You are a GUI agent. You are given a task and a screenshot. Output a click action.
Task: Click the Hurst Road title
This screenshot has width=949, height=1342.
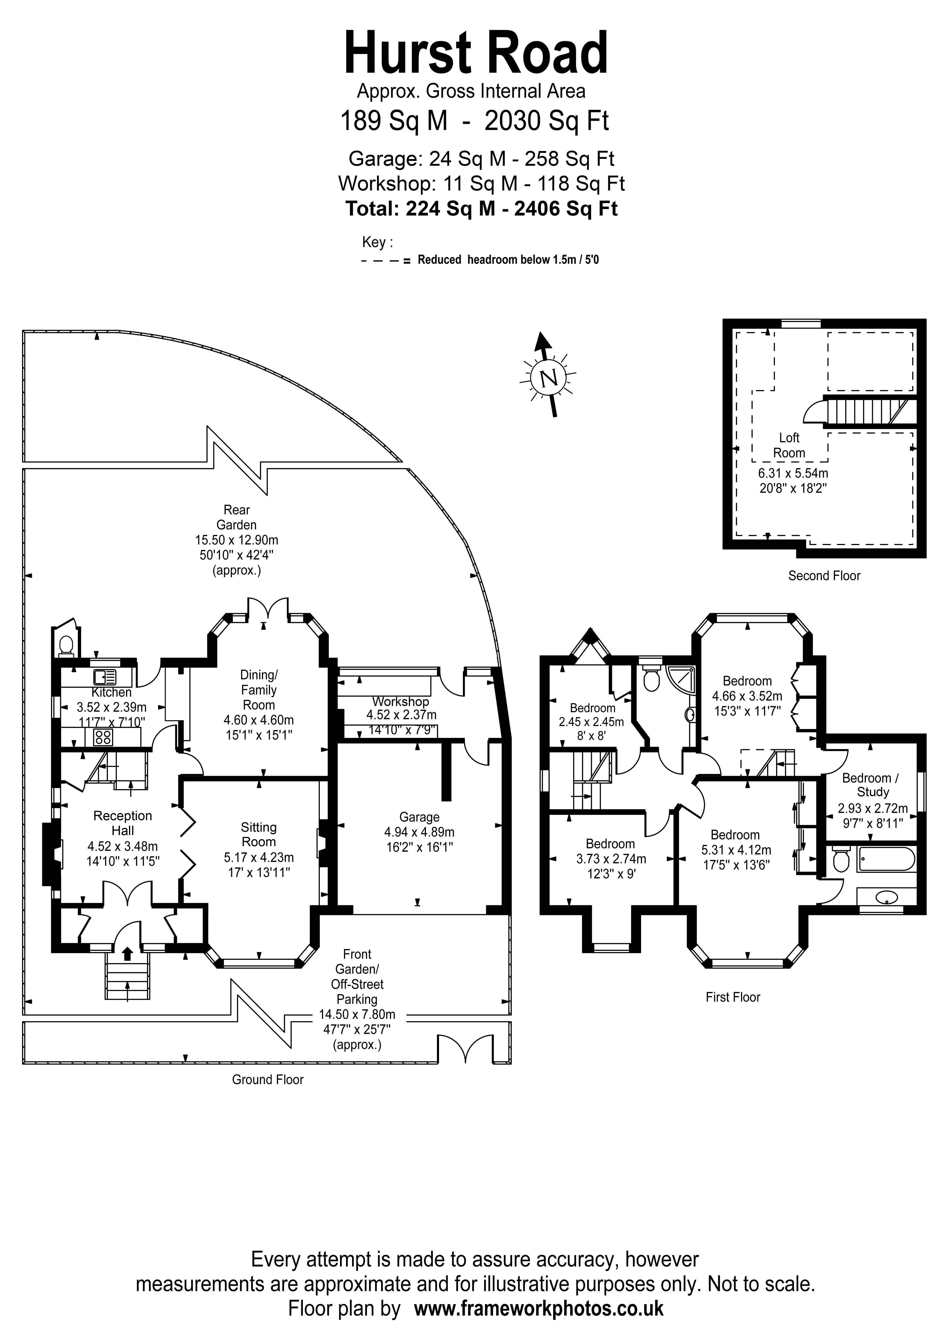coord(476,54)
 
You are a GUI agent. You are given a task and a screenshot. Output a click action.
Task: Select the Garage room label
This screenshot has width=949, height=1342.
coord(419,817)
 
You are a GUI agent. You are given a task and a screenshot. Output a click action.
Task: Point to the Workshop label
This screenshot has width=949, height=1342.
coord(400,701)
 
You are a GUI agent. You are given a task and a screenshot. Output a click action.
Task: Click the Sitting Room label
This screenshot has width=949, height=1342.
coord(259,835)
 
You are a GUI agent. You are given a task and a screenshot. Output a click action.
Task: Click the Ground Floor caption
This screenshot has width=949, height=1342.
coord(268,1080)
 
